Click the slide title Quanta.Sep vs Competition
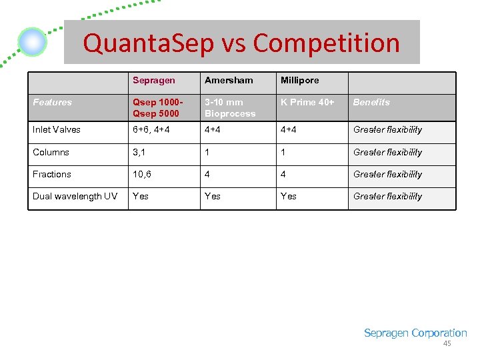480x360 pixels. pyautogui.click(x=241, y=43)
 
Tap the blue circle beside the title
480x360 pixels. pyautogui.click(x=32, y=43)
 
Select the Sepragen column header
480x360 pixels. pyautogui.click(x=153, y=80)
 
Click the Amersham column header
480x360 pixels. pyautogui.click(x=229, y=80)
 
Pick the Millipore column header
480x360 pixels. pyautogui.click(x=299, y=80)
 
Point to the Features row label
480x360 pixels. pyautogui.click(x=52, y=102)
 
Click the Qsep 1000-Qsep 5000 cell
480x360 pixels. pyautogui.click(x=156, y=107)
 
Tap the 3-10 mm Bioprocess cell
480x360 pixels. pyautogui.click(x=230, y=107)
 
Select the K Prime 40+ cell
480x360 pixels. pyautogui.click(x=307, y=102)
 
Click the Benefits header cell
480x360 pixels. pyautogui.click(x=371, y=102)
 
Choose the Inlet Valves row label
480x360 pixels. pyautogui.click(x=57, y=129)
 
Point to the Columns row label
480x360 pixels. pyautogui.click(x=51, y=152)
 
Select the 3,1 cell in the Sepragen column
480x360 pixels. pyautogui.click(x=140, y=152)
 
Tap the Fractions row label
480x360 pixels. pyautogui.click(x=52, y=174)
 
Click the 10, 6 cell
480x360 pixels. pyautogui.click(x=143, y=174)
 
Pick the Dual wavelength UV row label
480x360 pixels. pyautogui.click(x=75, y=196)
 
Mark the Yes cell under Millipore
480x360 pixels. pyautogui.click(x=289, y=196)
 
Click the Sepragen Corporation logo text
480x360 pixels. pyautogui.click(x=415, y=333)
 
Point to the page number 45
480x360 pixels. pyautogui.click(x=447, y=343)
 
